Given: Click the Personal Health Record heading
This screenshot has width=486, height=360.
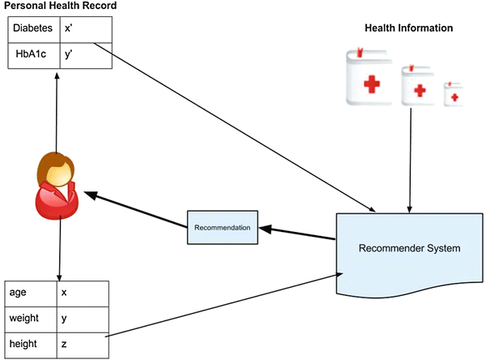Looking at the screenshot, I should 60,6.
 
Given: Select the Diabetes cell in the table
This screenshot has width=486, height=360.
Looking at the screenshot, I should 33,28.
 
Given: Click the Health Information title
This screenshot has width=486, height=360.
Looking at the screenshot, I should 409,28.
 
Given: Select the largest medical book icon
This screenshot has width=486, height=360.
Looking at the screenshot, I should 369,80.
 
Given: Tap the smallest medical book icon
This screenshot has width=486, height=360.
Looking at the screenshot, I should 454,94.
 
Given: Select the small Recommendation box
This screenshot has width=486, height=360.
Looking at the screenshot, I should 222,227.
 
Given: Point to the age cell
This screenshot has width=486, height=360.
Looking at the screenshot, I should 32,293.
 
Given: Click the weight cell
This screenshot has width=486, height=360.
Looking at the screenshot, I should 32,319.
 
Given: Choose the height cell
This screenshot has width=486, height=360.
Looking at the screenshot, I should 32,344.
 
